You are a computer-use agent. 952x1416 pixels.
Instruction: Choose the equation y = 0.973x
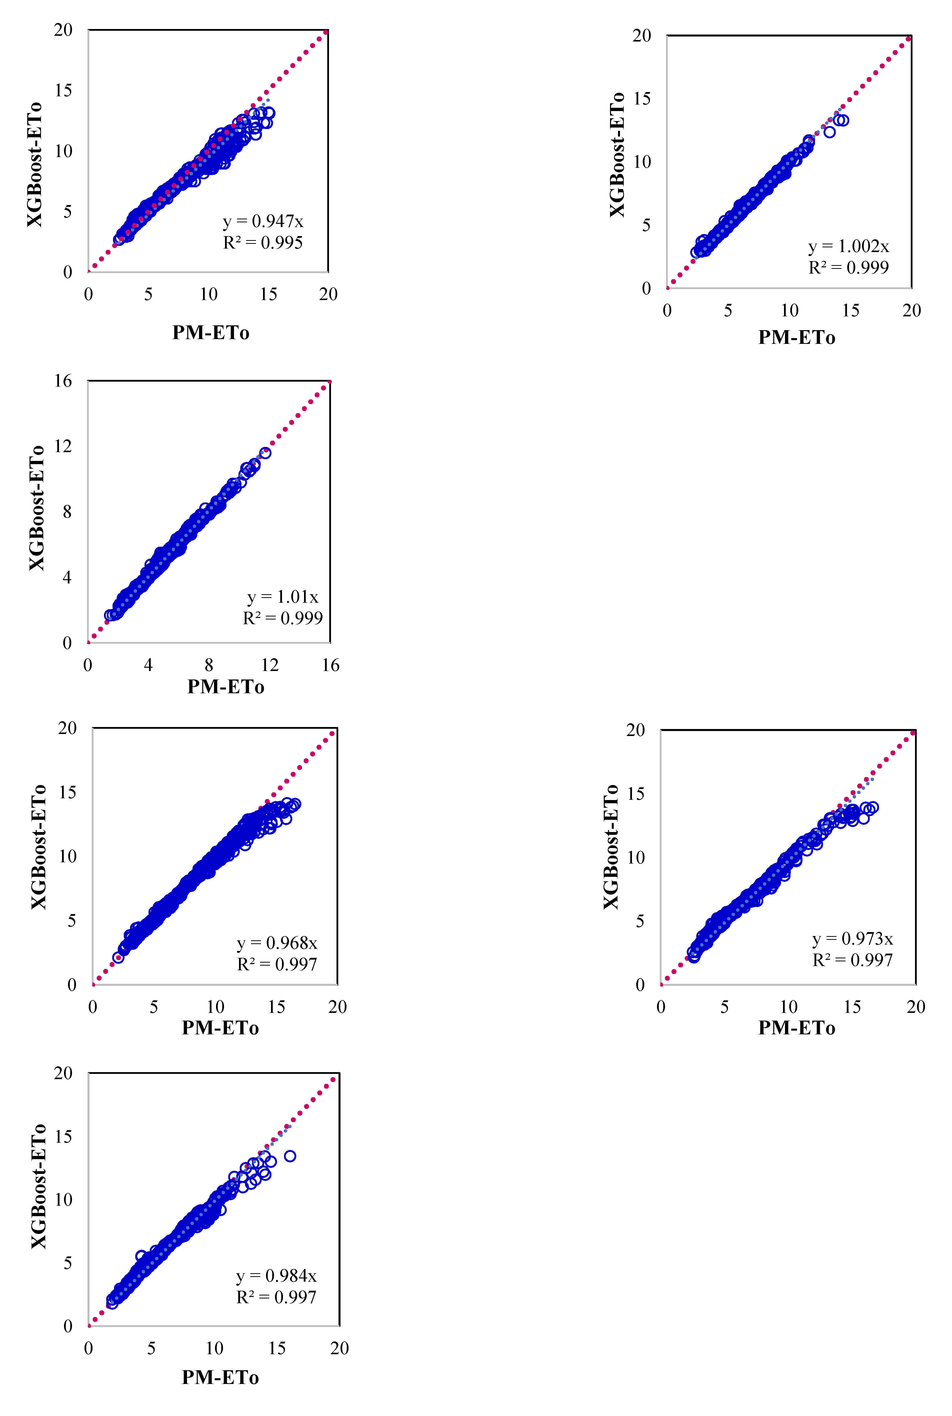click(852, 939)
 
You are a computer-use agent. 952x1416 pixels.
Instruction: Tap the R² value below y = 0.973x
click(852, 960)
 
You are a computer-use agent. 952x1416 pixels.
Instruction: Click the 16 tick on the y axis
click(63, 381)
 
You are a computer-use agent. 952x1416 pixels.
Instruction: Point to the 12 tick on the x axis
click(269, 665)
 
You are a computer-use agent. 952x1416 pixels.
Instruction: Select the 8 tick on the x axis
click(209, 665)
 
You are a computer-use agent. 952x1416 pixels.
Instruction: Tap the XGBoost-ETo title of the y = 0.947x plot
click(35, 164)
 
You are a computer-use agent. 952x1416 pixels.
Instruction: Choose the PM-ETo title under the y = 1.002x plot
click(796, 338)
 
